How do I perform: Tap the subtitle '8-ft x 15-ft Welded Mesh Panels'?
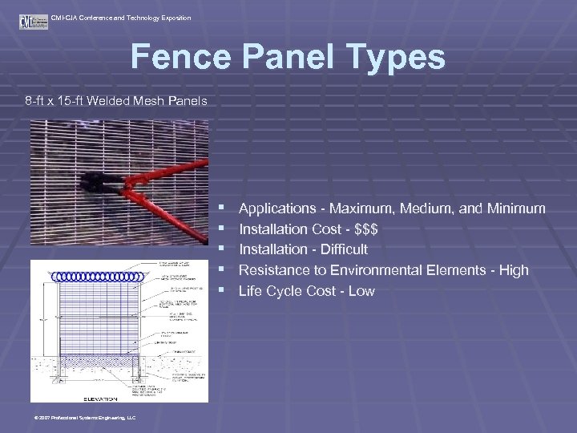point(116,101)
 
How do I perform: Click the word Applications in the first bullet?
point(277,208)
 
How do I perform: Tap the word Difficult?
point(338,249)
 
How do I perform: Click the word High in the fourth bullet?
point(514,270)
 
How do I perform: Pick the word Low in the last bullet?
point(361,291)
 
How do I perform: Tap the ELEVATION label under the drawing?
point(101,398)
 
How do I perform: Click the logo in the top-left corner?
point(28,21)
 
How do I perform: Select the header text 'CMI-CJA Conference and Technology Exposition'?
point(121,18)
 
